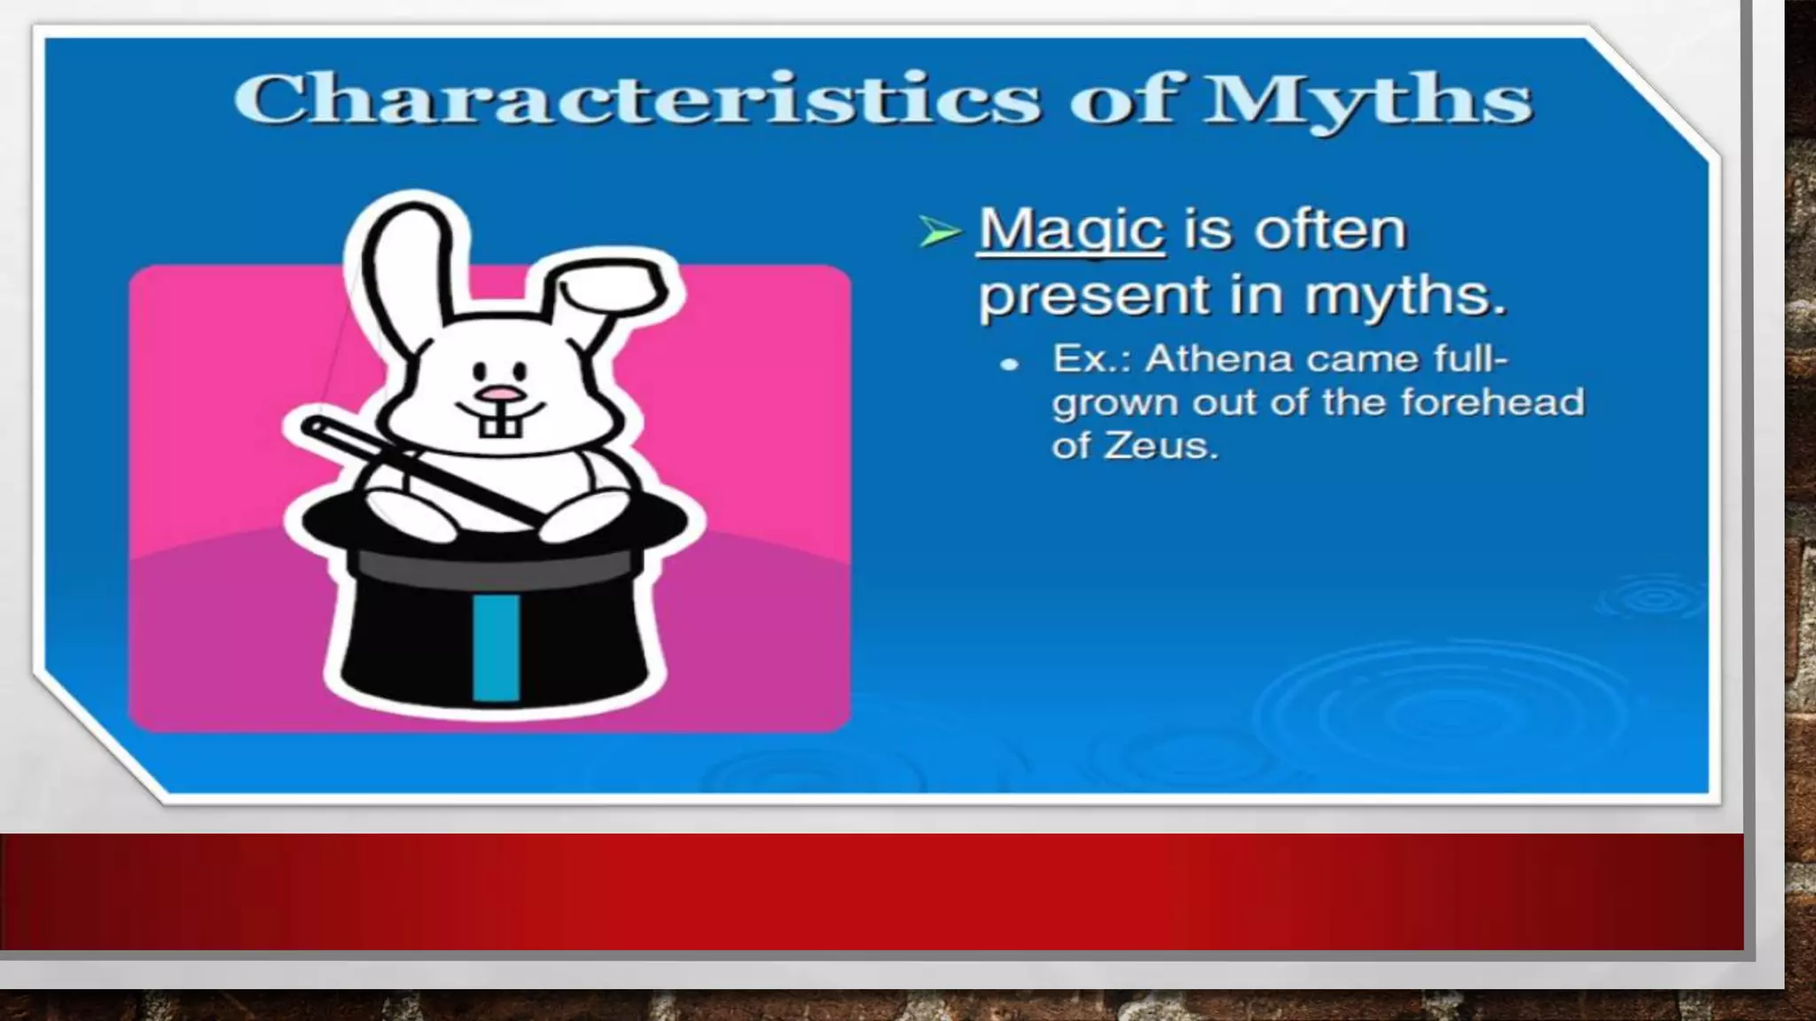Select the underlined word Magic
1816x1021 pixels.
click(1070, 230)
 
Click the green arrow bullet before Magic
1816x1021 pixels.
click(939, 232)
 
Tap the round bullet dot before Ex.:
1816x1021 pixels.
click(1008, 363)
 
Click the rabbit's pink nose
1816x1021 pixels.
click(498, 393)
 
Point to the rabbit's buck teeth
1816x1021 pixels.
click(500, 425)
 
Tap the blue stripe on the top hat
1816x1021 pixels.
click(496, 646)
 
